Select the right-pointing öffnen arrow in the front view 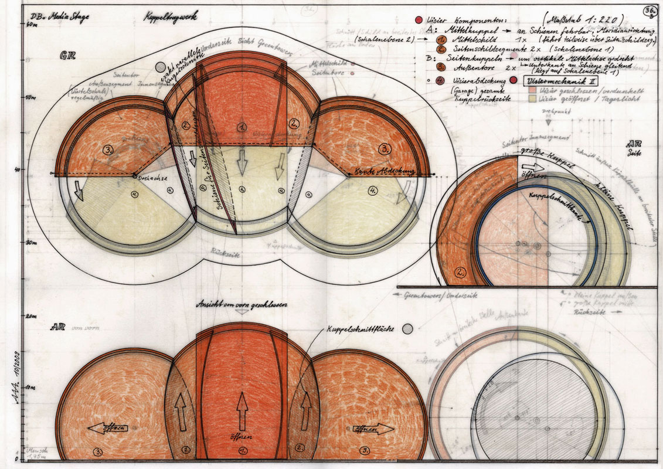[373, 429]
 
